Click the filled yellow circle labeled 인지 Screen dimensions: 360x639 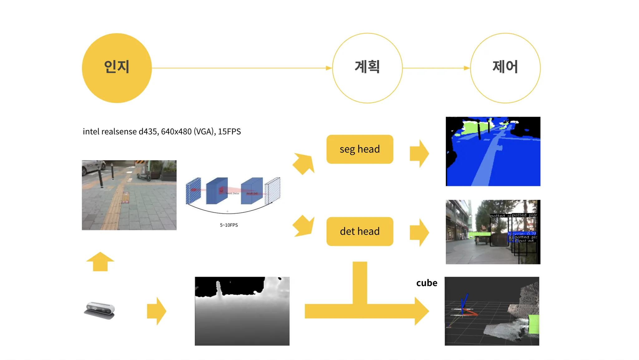pyautogui.click(x=117, y=68)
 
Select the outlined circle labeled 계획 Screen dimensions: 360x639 pyautogui.click(x=367, y=68)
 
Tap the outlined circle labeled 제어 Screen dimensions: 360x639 pyautogui.click(x=505, y=68)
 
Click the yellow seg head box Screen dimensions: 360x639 pyautogui.click(x=360, y=149)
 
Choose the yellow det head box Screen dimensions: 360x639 pyautogui.click(x=360, y=231)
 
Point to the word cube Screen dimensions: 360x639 pyautogui.click(x=427, y=283)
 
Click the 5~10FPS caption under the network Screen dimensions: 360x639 pyautogui.click(x=229, y=225)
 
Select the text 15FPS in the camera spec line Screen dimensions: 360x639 pyautogui.click(x=229, y=132)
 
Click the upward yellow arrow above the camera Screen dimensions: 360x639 pyautogui.click(x=100, y=262)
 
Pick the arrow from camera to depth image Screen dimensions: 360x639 pyautogui.click(x=157, y=311)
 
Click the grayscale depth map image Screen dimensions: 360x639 pyautogui.click(x=242, y=311)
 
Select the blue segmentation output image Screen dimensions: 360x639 pyautogui.click(x=493, y=151)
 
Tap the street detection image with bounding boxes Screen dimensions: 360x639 pyautogui.click(x=493, y=232)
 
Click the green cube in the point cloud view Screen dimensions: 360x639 pyautogui.click(x=534, y=324)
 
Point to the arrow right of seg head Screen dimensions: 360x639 pyautogui.click(x=420, y=153)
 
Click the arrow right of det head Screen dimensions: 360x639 pyautogui.click(x=420, y=233)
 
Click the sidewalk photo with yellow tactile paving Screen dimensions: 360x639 pyautogui.click(x=129, y=195)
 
